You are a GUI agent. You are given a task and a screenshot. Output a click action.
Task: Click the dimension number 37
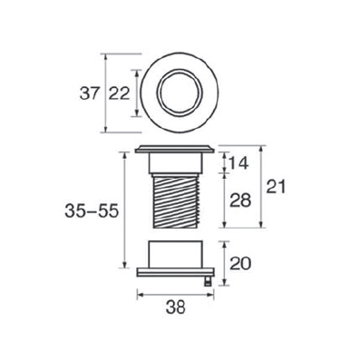(x=89, y=93)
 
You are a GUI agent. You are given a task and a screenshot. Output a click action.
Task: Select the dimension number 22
(x=120, y=93)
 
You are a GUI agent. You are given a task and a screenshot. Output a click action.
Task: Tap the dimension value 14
(x=238, y=163)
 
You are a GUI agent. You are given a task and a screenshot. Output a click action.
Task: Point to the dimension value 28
(x=240, y=200)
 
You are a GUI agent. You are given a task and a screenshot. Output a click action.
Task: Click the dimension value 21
(x=276, y=187)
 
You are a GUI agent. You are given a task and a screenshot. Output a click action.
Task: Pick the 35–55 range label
(x=91, y=211)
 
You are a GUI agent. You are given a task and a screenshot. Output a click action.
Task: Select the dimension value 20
(x=240, y=264)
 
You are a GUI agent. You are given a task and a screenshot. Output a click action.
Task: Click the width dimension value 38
(x=176, y=308)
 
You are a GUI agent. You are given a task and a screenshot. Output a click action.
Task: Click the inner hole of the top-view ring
(x=180, y=92)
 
